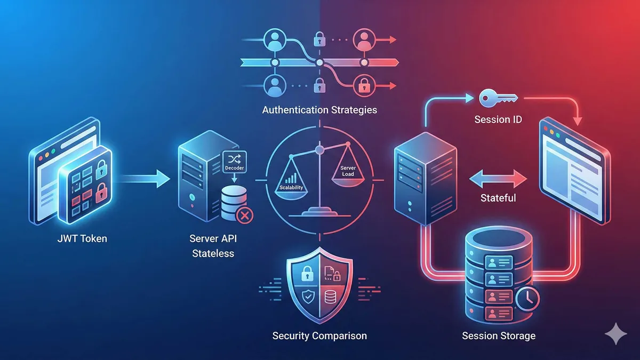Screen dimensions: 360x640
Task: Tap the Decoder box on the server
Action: pos(234,163)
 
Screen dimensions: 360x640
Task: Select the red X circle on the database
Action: pos(244,215)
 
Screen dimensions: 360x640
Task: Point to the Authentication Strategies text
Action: pos(319,110)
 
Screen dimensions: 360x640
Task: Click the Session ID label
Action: pos(498,119)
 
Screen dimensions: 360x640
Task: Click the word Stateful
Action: pos(498,198)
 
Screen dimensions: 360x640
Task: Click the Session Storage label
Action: pos(499,336)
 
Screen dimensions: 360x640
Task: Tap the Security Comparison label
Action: pos(319,336)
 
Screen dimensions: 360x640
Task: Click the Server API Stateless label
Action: pos(212,245)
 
